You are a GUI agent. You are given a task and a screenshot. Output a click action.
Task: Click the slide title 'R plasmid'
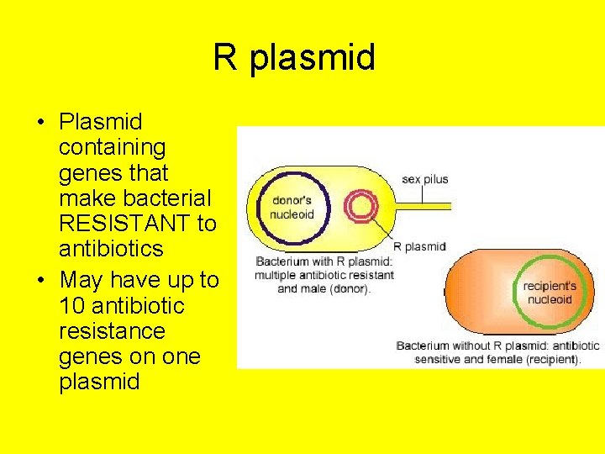click(x=293, y=58)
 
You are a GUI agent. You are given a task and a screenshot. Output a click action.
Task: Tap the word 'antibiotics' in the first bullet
click(x=111, y=249)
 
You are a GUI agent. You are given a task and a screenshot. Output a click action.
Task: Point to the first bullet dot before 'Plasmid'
click(x=40, y=123)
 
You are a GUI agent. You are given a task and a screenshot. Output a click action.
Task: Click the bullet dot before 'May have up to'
click(x=40, y=280)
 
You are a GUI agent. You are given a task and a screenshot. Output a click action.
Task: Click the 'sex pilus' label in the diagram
click(x=425, y=179)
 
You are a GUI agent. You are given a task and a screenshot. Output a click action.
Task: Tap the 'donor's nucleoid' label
click(x=292, y=208)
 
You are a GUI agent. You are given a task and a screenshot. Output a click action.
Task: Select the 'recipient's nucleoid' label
click(x=550, y=293)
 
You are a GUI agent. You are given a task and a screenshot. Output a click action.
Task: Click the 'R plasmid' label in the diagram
click(x=419, y=246)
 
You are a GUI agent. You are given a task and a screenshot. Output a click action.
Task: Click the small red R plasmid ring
click(x=362, y=205)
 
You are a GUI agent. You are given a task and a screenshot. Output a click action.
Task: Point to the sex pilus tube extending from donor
click(x=420, y=204)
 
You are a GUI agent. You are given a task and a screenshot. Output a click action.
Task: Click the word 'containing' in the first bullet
click(x=113, y=147)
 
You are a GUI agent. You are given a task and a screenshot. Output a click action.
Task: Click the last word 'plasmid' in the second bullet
click(x=99, y=381)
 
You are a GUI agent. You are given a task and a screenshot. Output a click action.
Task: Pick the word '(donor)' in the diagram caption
click(x=349, y=288)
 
